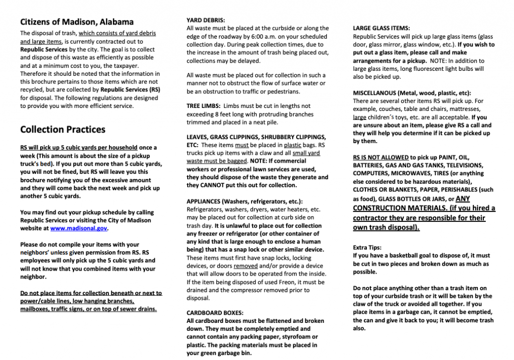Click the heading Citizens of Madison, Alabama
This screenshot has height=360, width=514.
pos(77,22)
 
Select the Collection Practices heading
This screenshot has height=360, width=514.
pos(63,129)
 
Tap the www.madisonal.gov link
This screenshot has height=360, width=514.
pos(79,228)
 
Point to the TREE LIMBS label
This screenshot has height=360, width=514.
pos(204,106)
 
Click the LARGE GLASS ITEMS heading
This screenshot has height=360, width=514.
pos(381,28)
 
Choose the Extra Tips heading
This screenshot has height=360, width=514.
pos(367,248)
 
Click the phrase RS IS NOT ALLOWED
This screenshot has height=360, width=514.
pos(381,157)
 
